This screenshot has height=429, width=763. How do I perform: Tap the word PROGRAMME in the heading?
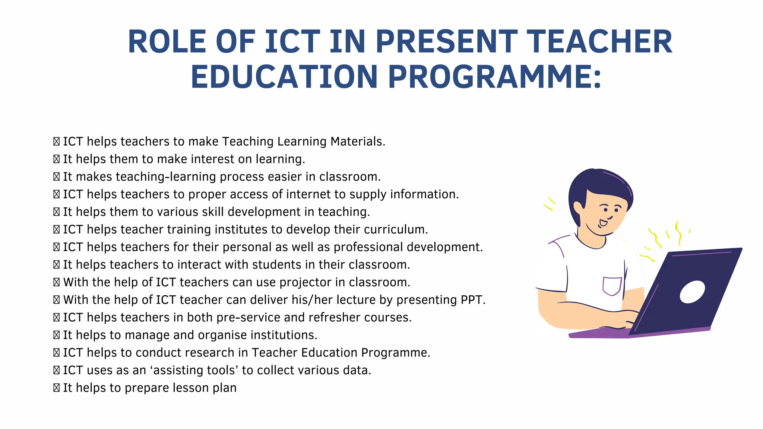tap(495, 77)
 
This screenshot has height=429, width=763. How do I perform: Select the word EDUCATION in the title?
tap(284, 77)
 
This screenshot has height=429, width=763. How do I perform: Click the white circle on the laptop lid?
tap(692, 292)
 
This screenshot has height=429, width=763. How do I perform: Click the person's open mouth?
tap(603, 223)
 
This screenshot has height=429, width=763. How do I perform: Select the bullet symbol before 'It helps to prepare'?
tap(56, 388)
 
